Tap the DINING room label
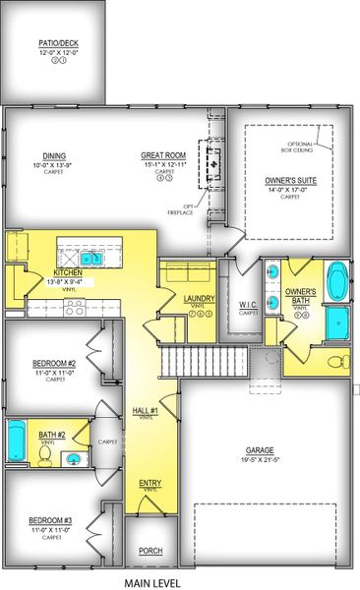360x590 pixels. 53,154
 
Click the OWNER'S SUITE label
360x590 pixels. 289,181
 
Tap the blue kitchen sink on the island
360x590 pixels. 91,259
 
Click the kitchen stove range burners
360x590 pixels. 75,304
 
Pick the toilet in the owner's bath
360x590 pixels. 334,363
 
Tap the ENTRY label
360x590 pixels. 150,483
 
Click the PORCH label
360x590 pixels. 150,551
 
